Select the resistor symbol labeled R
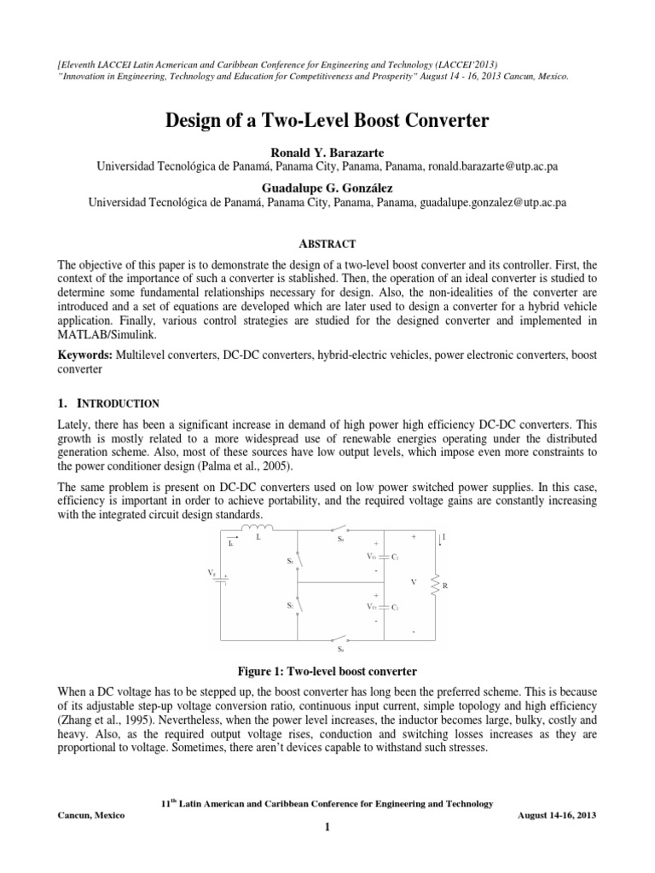click(x=437, y=585)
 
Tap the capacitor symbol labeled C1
click(x=385, y=557)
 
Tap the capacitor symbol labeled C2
click(x=385, y=607)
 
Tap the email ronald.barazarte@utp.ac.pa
click(x=478, y=168)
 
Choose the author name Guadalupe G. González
click(x=327, y=187)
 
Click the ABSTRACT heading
click(x=327, y=243)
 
